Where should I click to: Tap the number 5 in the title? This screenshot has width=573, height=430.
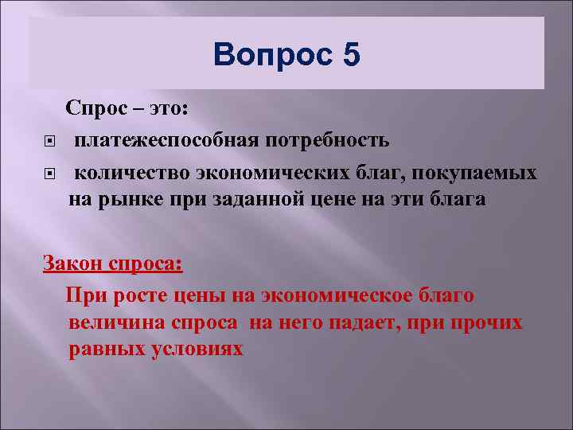point(352,56)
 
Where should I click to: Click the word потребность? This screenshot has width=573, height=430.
point(322,141)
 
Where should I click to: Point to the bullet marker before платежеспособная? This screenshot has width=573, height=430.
point(49,143)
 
